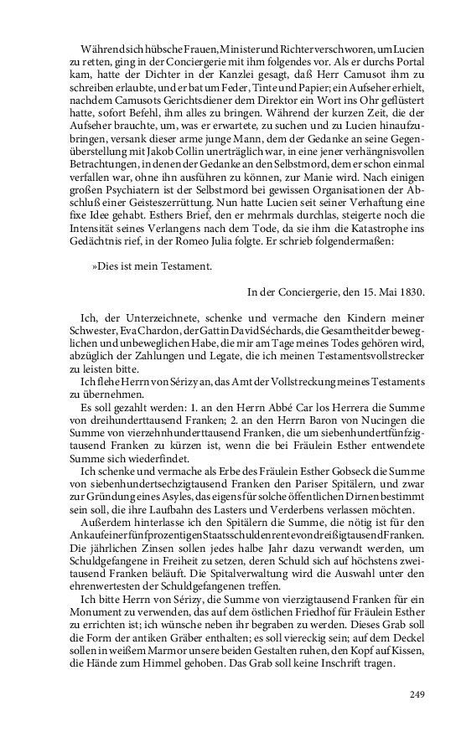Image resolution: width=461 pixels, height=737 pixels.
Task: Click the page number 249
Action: coord(418,694)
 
